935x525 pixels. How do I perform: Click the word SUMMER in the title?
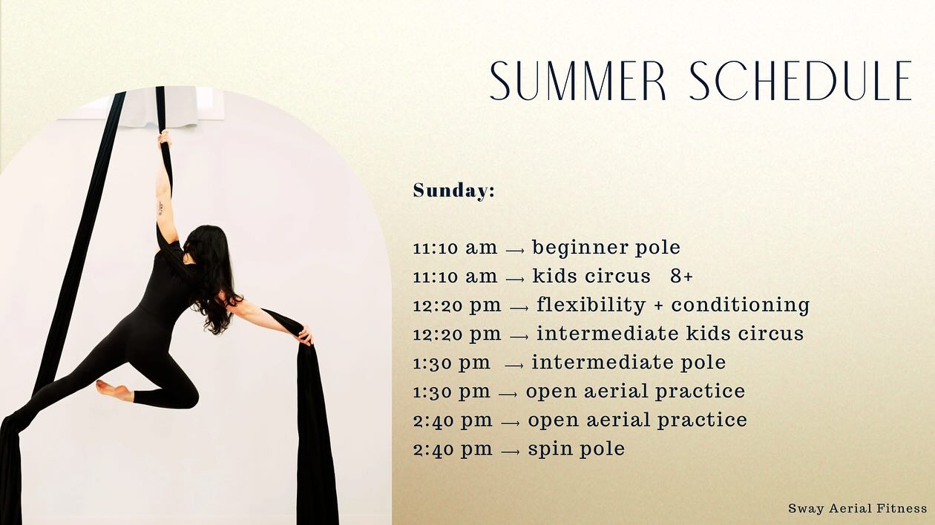(x=578, y=81)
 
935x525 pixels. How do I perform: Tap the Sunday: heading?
(x=453, y=191)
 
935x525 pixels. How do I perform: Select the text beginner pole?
(x=606, y=248)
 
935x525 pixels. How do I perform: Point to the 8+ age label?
(x=681, y=277)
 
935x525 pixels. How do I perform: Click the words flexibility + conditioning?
(x=672, y=305)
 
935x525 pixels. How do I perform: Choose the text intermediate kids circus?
(x=670, y=334)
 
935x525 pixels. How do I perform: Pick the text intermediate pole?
(x=629, y=363)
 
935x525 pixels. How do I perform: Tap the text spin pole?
(x=576, y=449)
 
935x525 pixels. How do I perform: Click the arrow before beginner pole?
(x=515, y=250)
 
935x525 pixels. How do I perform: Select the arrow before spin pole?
(x=510, y=451)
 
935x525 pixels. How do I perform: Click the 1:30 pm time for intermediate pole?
(x=451, y=363)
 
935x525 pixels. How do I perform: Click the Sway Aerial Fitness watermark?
(x=857, y=508)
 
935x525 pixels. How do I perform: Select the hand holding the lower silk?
(x=304, y=335)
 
